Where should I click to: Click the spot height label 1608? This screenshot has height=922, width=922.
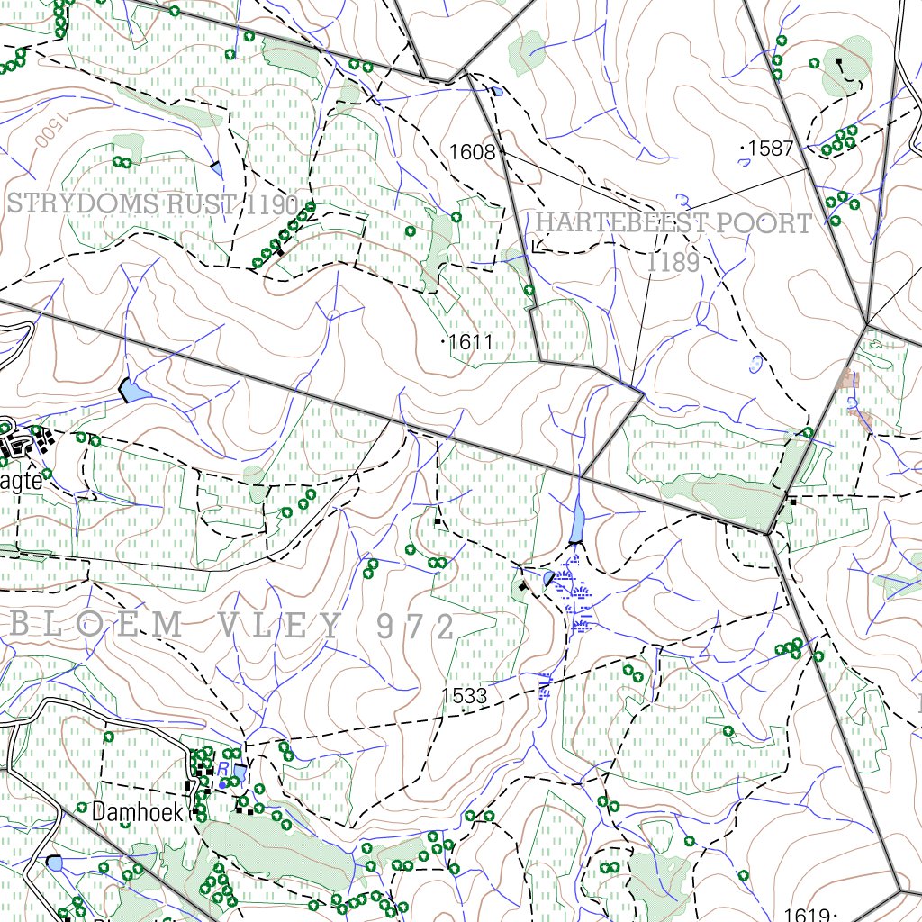pos(473,152)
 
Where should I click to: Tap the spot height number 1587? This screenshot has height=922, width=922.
pos(772,149)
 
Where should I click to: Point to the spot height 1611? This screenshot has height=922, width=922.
pos(471,342)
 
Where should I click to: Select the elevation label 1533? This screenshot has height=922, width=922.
pos(464,695)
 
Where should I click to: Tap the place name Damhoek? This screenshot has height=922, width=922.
pos(137,811)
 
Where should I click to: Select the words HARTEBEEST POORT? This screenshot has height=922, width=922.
pos(673,223)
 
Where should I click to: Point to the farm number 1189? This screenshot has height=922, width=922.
pos(673,262)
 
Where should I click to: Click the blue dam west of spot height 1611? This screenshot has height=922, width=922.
pos(132,390)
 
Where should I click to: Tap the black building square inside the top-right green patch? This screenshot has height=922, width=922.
pos(839,62)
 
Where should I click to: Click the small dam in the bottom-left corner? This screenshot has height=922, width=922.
pos(55,863)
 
